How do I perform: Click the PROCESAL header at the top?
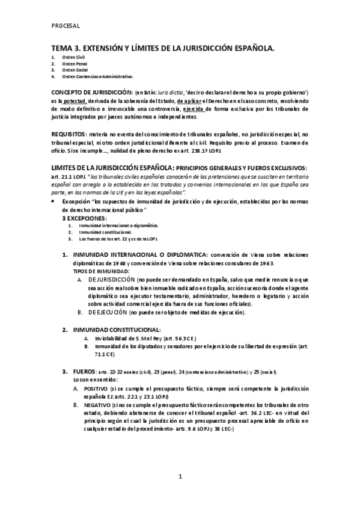click(66, 25)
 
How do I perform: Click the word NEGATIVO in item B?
click(106, 405)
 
